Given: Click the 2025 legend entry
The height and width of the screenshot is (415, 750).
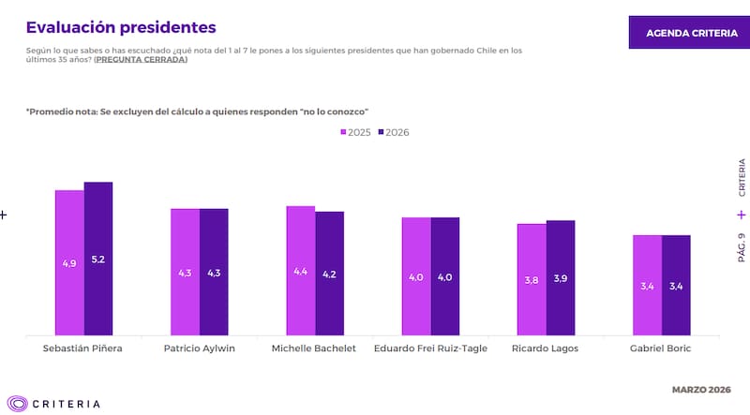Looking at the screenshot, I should pos(356,132).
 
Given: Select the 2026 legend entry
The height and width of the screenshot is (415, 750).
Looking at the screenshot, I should pos(394,132).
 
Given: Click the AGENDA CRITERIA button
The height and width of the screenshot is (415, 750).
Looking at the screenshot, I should pos(691,33).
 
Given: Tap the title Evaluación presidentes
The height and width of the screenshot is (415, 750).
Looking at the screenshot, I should pos(121,27).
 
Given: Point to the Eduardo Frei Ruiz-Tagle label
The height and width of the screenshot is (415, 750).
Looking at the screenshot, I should pos(430,348).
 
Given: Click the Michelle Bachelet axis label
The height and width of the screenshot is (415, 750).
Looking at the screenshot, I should pos(314,348).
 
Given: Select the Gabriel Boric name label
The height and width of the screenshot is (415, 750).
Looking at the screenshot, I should pos(662,348).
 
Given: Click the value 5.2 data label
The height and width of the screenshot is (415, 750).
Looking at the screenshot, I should pos(98,259).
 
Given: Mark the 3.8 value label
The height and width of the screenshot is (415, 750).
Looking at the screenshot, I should pos(532,279).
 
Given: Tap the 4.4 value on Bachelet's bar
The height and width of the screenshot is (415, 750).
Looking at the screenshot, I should pos(300,272).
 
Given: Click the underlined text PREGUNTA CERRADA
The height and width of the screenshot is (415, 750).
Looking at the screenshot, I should pos(141,60).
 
